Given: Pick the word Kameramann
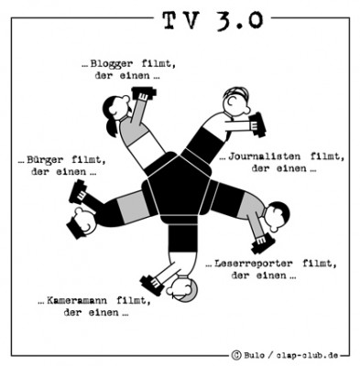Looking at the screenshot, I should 90,299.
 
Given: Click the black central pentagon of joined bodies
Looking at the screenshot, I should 180,194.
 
